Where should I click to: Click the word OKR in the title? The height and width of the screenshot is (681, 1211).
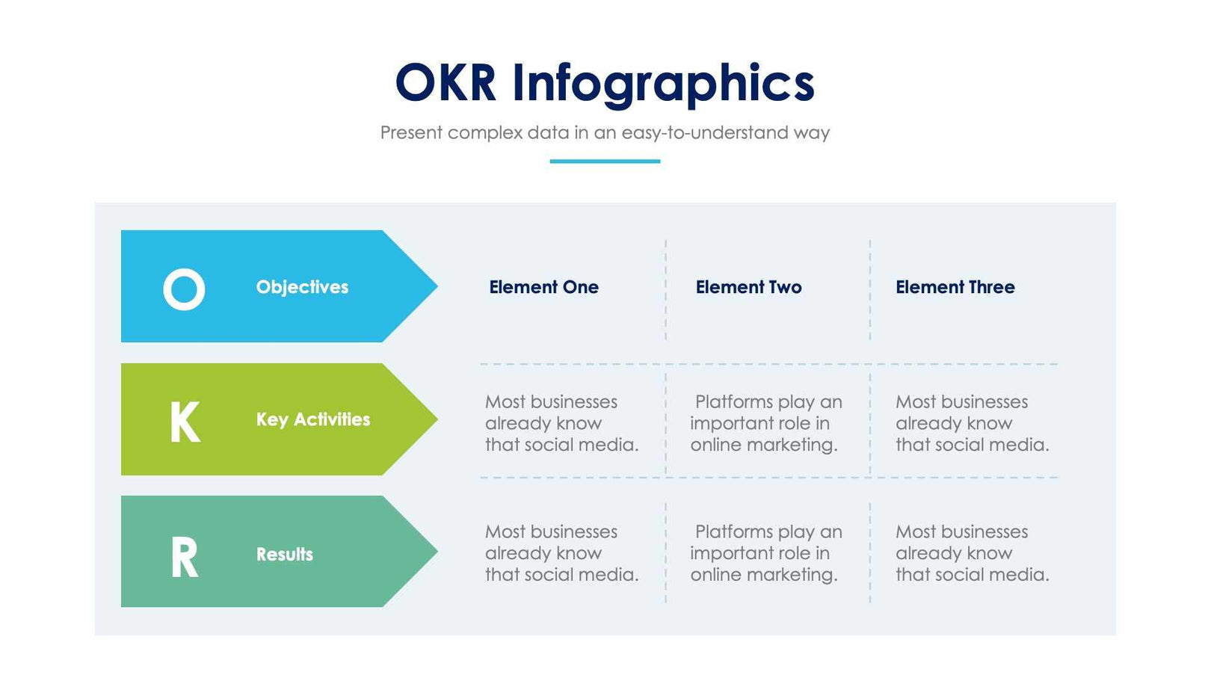point(446,82)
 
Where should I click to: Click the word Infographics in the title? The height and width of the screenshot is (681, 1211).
point(663,84)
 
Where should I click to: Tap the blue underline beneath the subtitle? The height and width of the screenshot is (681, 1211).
point(605,161)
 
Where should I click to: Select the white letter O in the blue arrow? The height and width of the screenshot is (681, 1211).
point(184,289)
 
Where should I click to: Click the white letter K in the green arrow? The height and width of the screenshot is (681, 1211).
point(185,422)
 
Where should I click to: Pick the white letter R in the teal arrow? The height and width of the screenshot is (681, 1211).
point(185,558)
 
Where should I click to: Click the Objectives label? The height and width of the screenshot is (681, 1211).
point(302,287)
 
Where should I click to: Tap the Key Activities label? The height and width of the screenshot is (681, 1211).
point(312,419)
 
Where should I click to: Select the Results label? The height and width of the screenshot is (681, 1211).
point(284,555)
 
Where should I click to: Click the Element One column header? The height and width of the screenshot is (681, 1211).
point(543,287)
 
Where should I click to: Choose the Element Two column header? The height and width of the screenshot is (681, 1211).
point(748,287)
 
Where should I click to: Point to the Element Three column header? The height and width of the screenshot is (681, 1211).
point(955,287)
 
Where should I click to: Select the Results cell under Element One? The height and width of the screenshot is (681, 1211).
point(561,553)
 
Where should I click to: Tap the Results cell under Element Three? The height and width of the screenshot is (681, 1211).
point(971,553)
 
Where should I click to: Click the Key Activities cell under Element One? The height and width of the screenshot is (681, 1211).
point(561,423)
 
